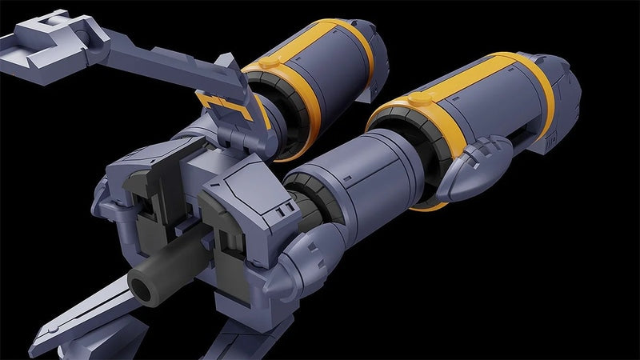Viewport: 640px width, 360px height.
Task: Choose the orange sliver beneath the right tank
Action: (x=432, y=206)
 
